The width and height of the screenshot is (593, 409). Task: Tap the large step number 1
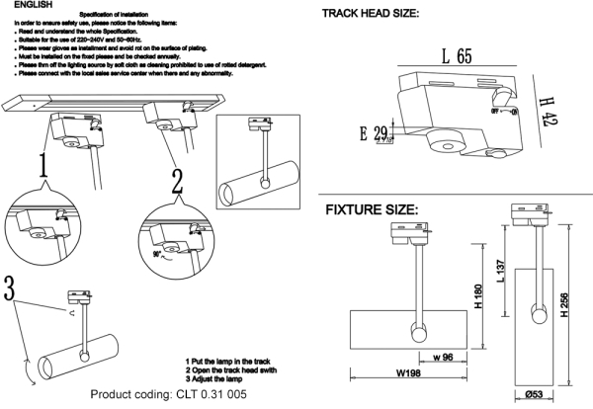tap(43, 171)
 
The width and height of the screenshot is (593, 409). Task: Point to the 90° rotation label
tap(155, 252)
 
